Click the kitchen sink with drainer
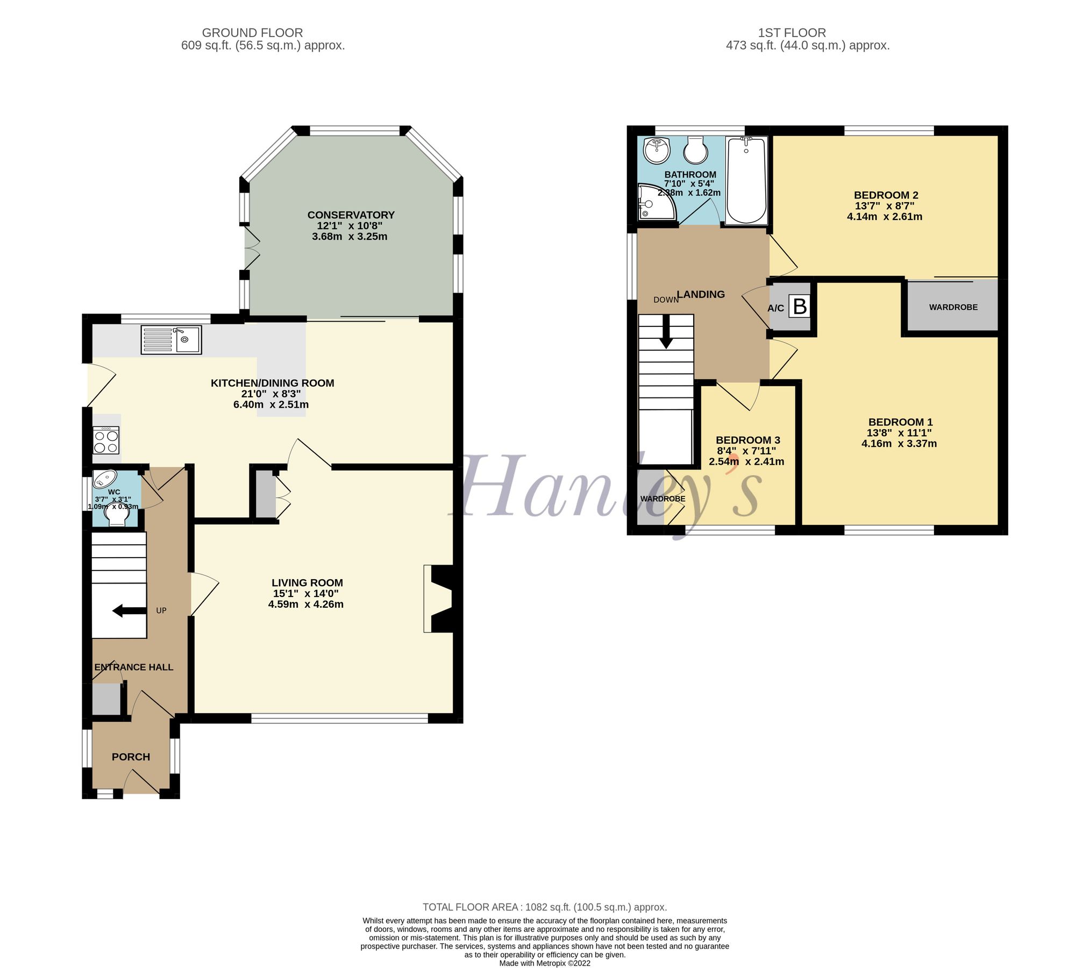pos(171,340)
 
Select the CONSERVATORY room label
pos(351,215)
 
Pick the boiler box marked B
pos(800,307)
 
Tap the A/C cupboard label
pos(775,308)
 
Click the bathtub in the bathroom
pos(746,180)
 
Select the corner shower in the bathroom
pos(654,202)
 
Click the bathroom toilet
pos(696,150)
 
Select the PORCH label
pos(131,757)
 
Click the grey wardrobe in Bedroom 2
pos(953,307)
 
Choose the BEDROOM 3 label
pos(747,440)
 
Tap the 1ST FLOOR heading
pos(792,33)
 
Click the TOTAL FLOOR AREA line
pos(544,907)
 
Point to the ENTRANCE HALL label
pos(133,667)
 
